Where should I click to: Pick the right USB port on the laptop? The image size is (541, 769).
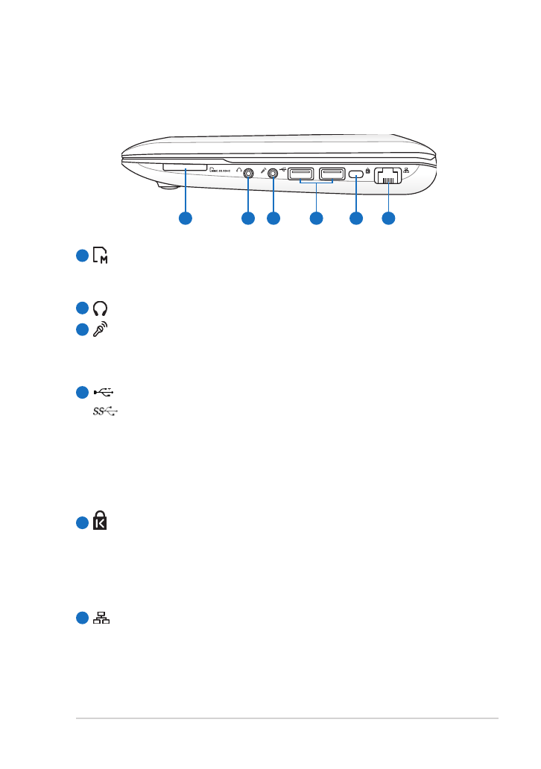331,174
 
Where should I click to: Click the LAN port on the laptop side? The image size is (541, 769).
388,176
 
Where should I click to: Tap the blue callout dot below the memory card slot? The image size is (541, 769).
185,218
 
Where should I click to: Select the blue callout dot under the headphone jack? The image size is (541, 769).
247,218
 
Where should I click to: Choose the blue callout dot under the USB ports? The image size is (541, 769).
316,218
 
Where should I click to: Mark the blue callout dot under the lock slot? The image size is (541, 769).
356,218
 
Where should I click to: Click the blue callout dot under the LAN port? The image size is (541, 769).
388,218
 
